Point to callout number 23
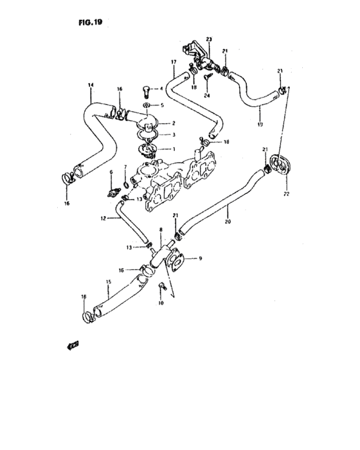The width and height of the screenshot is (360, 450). (x=208, y=39)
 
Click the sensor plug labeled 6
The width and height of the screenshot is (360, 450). (x=114, y=192)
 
